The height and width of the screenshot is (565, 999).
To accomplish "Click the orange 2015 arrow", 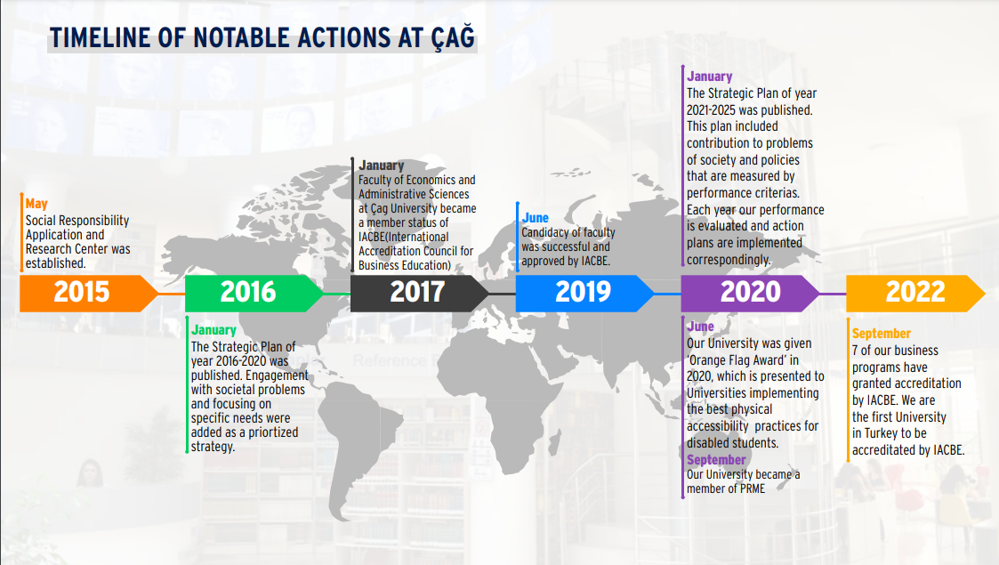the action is [x=88, y=293].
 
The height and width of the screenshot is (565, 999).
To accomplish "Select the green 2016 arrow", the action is [x=254, y=293].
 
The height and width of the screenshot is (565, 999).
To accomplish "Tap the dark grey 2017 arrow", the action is [x=419, y=293].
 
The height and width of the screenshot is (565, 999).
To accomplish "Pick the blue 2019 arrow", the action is [x=584, y=293].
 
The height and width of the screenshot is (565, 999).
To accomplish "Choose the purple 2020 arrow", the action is [x=750, y=293].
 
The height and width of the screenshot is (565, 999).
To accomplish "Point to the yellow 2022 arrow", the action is [x=915, y=293].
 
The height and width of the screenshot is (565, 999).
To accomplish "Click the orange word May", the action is [x=36, y=205].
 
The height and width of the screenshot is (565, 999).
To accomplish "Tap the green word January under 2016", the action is [x=213, y=330].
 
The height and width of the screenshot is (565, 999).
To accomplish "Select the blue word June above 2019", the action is [x=536, y=218].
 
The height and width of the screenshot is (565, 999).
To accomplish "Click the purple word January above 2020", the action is [x=709, y=77].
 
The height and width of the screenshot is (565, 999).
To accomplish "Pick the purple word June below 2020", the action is [x=700, y=327].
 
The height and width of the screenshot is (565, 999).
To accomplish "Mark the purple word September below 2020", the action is [x=716, y=460].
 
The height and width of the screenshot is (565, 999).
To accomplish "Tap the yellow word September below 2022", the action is [x=882, y=334].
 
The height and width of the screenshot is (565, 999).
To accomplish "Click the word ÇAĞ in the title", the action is [x=453, y=37].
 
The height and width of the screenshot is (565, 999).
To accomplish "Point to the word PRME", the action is [x=751, y=488].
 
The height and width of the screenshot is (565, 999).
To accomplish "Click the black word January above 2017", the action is [x=381, y=165].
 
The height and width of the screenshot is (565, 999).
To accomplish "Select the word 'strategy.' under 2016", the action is [x=213, y=447].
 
